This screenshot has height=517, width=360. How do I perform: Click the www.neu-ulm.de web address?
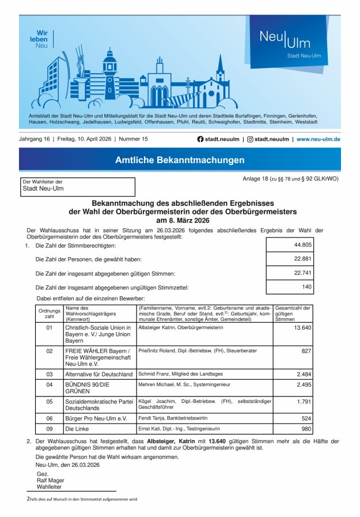318,139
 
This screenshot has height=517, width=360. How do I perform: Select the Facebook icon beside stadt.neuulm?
200,139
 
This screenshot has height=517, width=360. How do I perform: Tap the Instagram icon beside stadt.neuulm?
250,139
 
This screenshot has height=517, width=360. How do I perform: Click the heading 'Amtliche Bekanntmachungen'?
180,160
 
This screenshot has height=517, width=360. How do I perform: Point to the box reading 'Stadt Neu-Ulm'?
78,187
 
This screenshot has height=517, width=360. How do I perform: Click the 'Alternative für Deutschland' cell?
98,374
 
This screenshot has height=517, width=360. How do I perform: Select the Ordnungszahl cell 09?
50,429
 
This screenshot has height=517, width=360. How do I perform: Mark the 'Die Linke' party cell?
77,429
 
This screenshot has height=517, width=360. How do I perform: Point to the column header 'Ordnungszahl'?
50,314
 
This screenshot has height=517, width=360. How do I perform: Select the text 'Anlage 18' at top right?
256,179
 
